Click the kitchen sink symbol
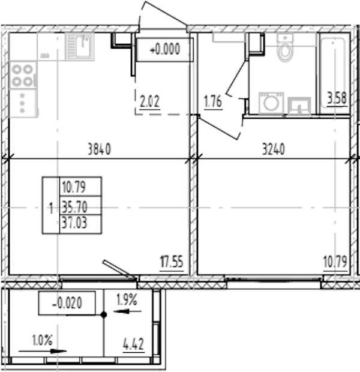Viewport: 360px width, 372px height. coord(80,47)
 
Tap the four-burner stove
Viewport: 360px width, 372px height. coord(23,76)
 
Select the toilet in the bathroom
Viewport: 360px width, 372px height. coord(285,47)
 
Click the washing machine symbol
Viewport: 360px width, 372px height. coord(271,103)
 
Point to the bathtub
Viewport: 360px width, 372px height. coord(334,74)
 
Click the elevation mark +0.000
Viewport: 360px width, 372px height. coord(165,50)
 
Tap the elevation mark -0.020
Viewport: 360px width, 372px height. coord(67,303)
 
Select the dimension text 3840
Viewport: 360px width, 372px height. coord(99,149)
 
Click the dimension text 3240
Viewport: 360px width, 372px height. coord(274,149)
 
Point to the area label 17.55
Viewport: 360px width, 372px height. coord(172,262)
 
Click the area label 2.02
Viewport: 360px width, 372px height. coord(150,101)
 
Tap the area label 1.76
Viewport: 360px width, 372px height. coord(213,101)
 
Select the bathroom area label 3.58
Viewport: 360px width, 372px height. coord(337,98)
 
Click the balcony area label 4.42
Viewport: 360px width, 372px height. coord(134,344)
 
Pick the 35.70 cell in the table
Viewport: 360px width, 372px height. coord(80,205)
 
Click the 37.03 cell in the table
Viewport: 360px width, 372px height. coord(80,224)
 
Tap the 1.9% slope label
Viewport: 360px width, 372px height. coord(127,299)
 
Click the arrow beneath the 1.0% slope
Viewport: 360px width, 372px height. coord(43,352)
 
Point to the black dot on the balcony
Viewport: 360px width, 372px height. coord(104,315)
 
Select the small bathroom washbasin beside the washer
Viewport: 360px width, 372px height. coord(299,106)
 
